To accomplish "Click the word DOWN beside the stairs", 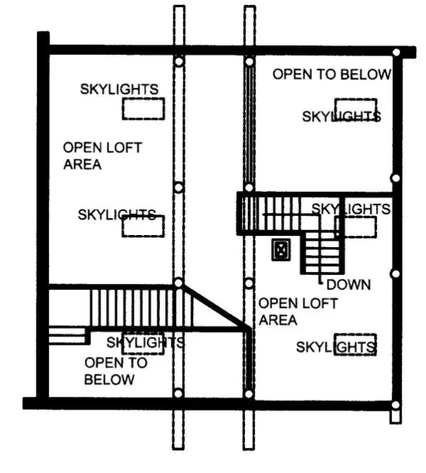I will [x=349, y=285].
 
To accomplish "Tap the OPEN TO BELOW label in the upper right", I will [x=332, y=74].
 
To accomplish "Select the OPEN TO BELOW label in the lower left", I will [x=115, y=370].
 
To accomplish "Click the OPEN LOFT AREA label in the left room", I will [x=102, y=156].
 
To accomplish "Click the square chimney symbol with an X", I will [x=282, y=250].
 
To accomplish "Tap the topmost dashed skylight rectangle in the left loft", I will [x=144, y=109].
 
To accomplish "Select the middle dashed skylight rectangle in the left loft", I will [x=144, y=226].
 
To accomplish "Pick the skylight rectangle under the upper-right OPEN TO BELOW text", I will [x=355, y=110].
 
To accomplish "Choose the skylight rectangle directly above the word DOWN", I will [x=355, y=227].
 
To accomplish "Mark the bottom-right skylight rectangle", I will [x=355, y=345].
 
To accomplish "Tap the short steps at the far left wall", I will [x=67, y=335].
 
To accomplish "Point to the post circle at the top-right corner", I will [x=395, y=52].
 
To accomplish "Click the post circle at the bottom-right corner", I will [x=395, y=405].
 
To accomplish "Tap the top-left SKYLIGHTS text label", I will [x=119, y=89].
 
